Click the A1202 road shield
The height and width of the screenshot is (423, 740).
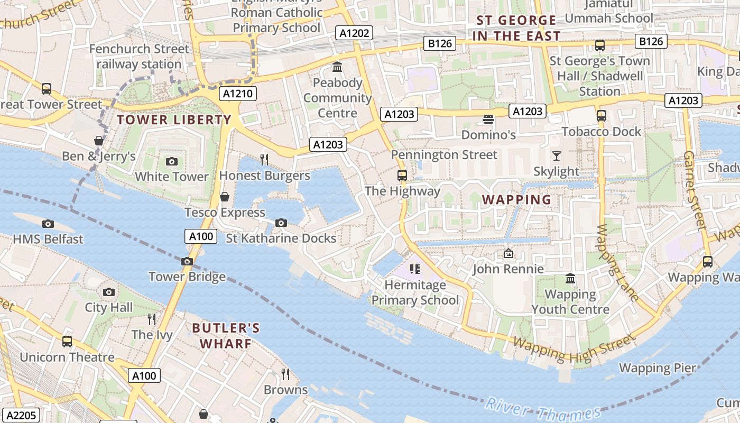[x=354, y=33]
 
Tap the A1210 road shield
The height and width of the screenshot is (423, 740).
[x=238, y=94]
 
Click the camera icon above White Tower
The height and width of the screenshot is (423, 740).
[x=171, y=162]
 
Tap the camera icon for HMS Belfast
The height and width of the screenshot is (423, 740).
[x=48, y=224]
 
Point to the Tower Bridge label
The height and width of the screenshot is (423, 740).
[x=187, y=277]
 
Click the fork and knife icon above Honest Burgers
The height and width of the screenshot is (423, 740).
[x=264, y=159]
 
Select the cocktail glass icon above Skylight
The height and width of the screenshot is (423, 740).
[x=556, y=155]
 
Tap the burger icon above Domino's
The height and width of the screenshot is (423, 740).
[x=488, y=119]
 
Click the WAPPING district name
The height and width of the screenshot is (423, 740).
[x=517, y=200]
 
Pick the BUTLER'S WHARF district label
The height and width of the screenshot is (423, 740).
[x=226, y=336]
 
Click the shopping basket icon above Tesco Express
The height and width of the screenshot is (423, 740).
[x=225, y=197]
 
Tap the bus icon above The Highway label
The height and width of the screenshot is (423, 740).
[x=402, y=176]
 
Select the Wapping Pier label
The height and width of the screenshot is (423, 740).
[x=657, y=368]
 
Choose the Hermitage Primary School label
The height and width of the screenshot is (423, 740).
[x=415, y=292]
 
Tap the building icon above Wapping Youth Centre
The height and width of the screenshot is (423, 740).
[x=570, y=278]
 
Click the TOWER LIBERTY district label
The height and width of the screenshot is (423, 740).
[x=174, y=119]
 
